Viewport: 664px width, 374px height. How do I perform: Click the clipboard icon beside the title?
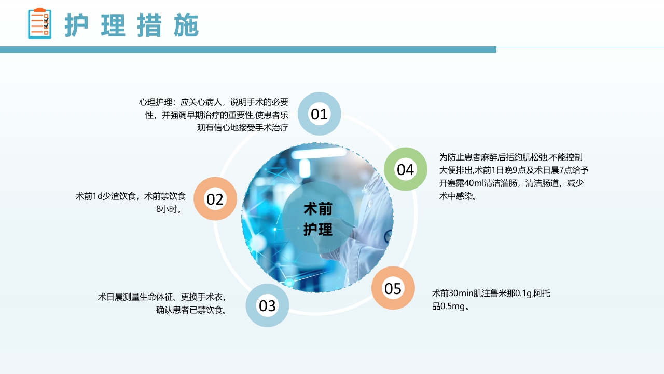click(39, 24)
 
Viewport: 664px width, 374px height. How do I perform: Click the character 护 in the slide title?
click(77, 25)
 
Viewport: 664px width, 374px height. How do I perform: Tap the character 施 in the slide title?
click(186, 25)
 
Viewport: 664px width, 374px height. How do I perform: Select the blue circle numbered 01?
click(320, 114)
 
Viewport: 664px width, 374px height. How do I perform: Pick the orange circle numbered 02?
click(215, 199)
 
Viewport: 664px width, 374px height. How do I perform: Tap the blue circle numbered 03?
click(267, 305)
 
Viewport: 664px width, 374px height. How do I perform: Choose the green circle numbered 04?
click(405, 169)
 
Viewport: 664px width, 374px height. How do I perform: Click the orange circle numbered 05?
click(393, 288)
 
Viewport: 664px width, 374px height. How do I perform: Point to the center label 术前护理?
click(318, 219)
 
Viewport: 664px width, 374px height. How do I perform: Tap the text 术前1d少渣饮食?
click(105, 196)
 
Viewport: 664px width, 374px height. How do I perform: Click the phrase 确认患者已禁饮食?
click(191, 310)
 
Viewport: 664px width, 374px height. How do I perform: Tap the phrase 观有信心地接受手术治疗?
click(242, 127)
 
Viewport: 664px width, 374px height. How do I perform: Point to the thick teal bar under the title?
click(248, 49)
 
